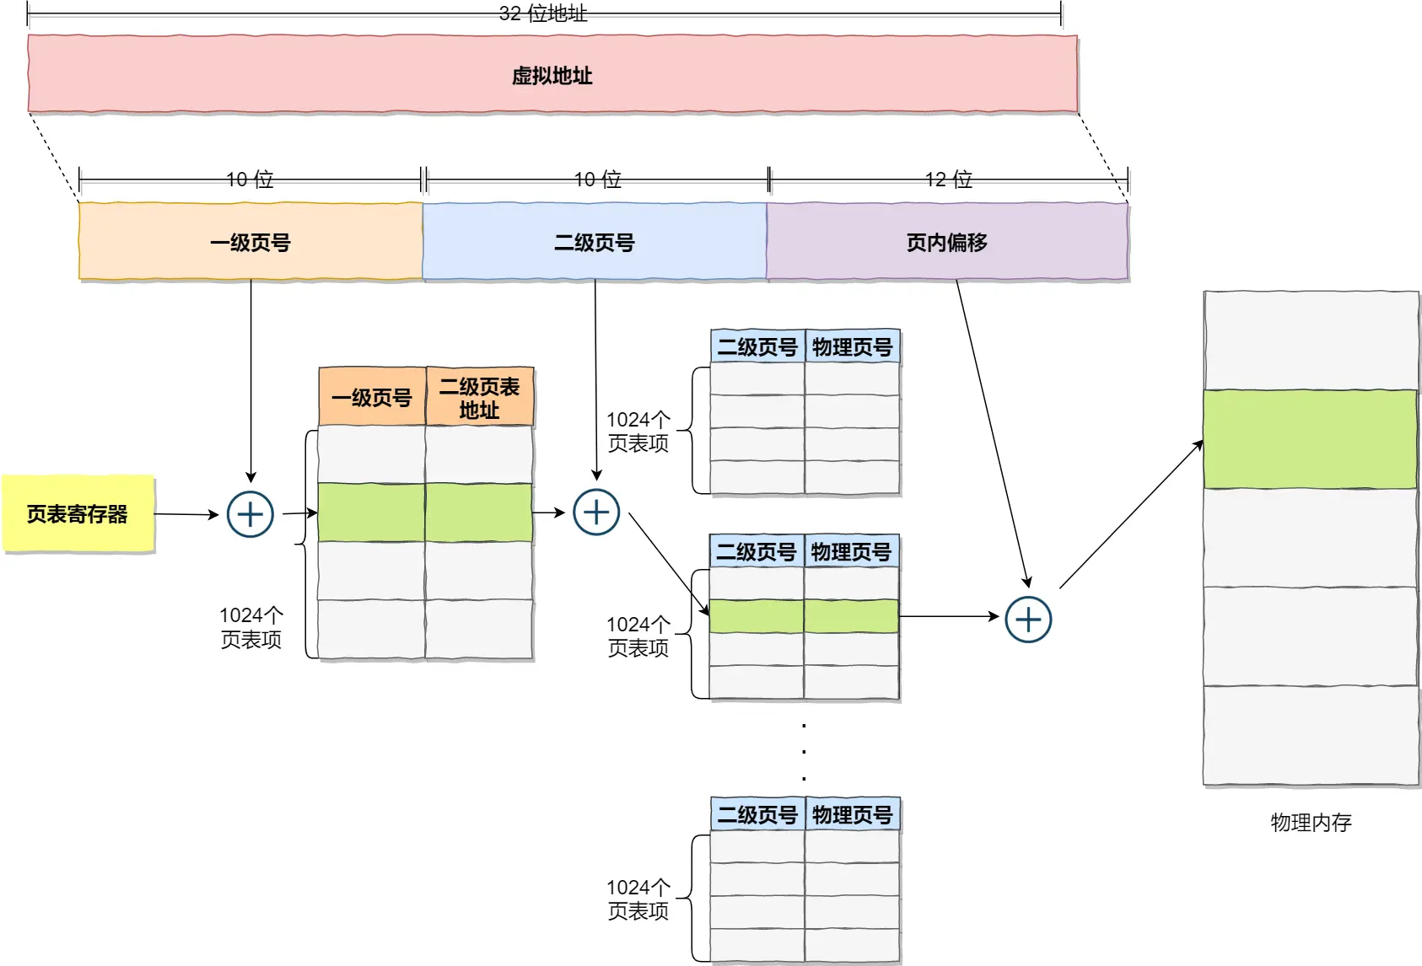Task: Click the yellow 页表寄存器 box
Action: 78,513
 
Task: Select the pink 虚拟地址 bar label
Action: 552,76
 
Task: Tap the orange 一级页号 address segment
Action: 250,242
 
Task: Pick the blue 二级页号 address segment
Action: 595,242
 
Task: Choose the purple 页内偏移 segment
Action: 946,242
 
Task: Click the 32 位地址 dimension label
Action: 542,13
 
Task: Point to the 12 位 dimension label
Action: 949,180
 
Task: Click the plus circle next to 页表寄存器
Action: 250,514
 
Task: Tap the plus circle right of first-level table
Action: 596,513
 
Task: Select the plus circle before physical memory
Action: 1028,620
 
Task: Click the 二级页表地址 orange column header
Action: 479,398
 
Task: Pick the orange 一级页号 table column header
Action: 372,398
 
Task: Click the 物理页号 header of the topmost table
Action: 852,347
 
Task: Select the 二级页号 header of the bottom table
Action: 757,814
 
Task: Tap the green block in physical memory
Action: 1310,438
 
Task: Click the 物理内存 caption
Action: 1310,822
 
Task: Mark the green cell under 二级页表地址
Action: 478,513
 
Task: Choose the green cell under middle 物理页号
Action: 851,616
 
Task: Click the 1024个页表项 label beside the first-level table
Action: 250,627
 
